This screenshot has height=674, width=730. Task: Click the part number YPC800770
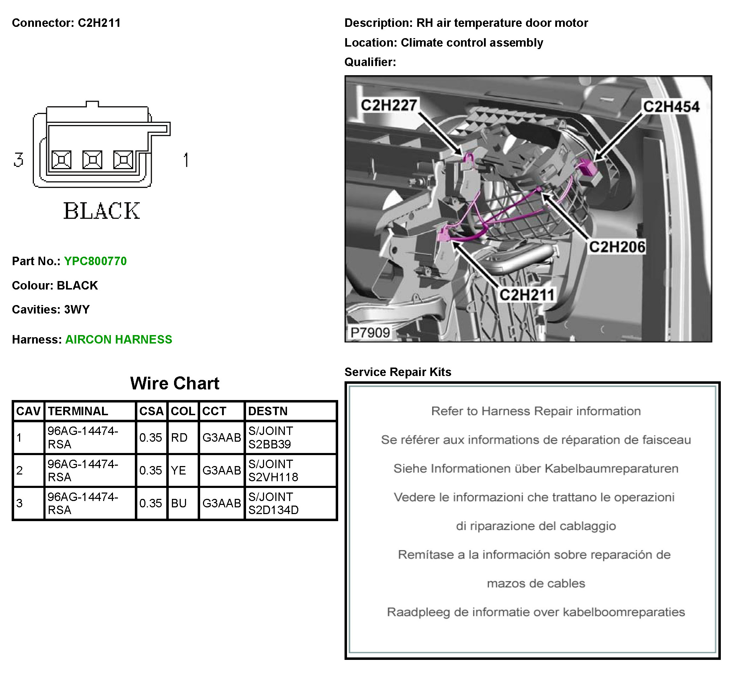[x=95, y=261]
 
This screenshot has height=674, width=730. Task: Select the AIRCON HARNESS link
[x=119, y=340]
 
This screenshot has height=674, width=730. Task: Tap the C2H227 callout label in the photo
[x=389, y=106]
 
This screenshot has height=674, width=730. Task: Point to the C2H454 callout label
[x=671, y=107]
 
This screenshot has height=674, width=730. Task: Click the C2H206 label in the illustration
[x=617, y=247]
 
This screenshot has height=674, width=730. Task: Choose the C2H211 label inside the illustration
[x=527, y=295]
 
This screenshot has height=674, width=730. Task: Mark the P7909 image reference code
[x=370, y=333]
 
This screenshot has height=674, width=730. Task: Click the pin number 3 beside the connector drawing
[x=18, y=160]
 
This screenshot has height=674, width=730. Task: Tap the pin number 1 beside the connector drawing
[x=186, y=160]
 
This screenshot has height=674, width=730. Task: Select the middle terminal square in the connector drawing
[x=92, y=160]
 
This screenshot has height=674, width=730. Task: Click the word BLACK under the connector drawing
[x=102, y=211]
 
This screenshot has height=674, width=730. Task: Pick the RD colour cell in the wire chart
[x=179, y=438]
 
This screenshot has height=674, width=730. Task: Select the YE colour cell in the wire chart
[x=178, y=471]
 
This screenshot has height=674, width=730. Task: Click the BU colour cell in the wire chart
[x=179, y=503]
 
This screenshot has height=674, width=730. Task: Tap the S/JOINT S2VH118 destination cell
[x=273, y=471]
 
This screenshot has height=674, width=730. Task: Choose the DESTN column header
[x=268, y=411]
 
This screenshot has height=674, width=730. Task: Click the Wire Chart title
[x=175, y=383]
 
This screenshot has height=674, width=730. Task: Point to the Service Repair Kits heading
[x=398, y=372]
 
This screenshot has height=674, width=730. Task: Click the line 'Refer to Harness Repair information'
[x=535, y=411]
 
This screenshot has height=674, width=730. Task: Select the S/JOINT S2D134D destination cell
[x=273, y=503]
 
